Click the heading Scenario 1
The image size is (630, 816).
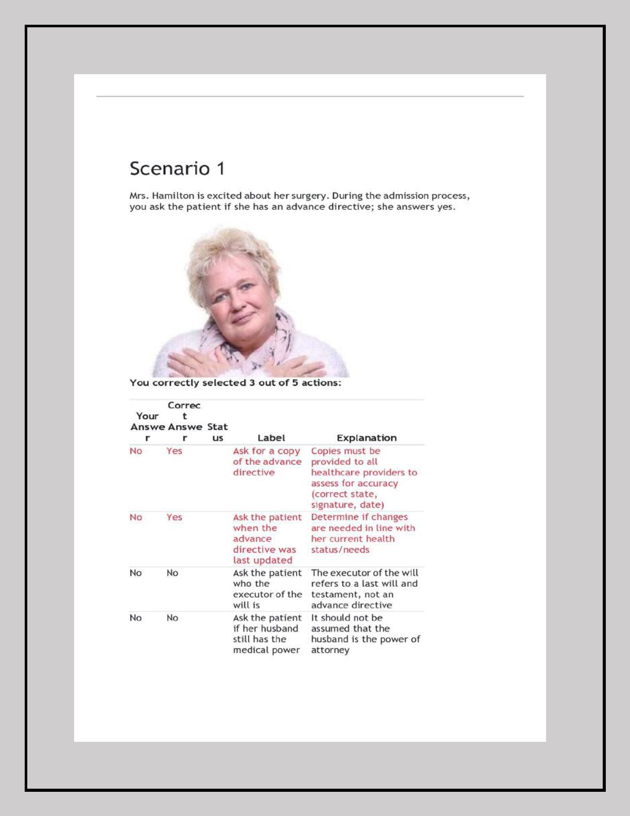(x=177, y=168)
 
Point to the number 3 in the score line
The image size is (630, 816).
(x=252, y=383)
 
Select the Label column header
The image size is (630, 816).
(x=271, y=438)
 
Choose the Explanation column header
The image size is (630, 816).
(x=366, y=438)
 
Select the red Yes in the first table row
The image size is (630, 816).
(x=174, y=451)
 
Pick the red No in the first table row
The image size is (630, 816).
(x=136, y=451)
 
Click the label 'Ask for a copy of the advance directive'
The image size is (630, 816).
(x=267, y=462)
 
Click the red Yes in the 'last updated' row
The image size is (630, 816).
(x=174, y=517)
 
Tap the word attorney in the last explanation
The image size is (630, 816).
(x=330, y=650)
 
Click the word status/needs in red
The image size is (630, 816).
(x=340, y=550)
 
